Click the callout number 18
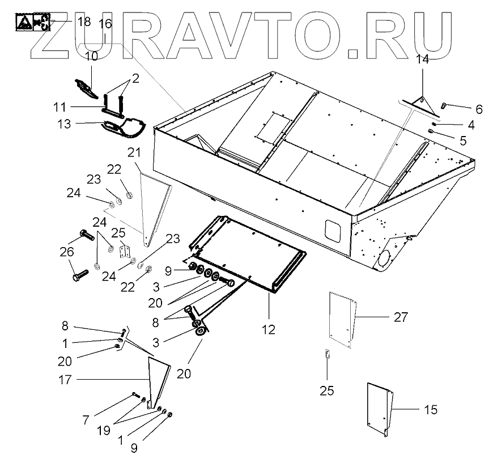83,22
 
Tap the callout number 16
106,24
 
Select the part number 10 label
91,56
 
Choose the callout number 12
268,329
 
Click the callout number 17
65,380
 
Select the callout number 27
401,318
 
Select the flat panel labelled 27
342,318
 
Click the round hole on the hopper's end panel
383,257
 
